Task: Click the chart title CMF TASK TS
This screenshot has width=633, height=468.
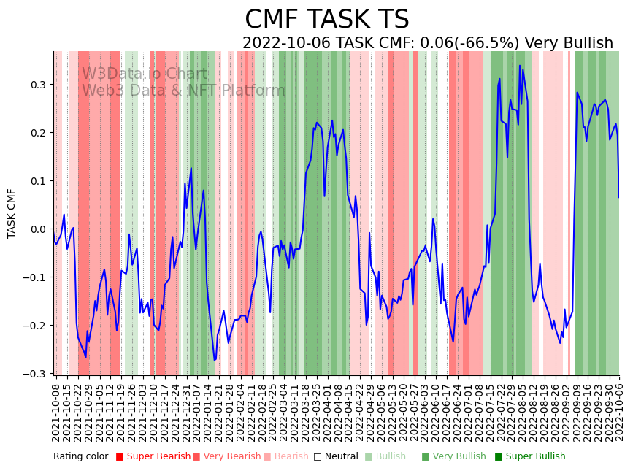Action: (326, 20)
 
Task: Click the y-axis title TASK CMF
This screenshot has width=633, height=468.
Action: (12, 213)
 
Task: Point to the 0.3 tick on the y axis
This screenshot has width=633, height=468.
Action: (38, 85)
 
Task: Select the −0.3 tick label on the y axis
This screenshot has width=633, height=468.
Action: (35, 374)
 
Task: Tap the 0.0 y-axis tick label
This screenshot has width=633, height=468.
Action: (38, 229)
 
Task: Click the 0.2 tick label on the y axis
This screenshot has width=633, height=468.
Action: (38, 133)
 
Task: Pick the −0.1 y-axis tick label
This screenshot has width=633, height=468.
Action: (35, 277)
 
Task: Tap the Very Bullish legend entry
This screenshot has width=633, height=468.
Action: (459, 456)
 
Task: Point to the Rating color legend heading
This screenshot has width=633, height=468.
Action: (80, 456)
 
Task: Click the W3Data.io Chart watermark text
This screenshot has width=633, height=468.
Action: (145, 74)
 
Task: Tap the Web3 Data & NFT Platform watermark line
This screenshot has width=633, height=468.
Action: (183, 91)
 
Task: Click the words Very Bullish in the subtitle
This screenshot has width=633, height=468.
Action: (569, 43)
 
